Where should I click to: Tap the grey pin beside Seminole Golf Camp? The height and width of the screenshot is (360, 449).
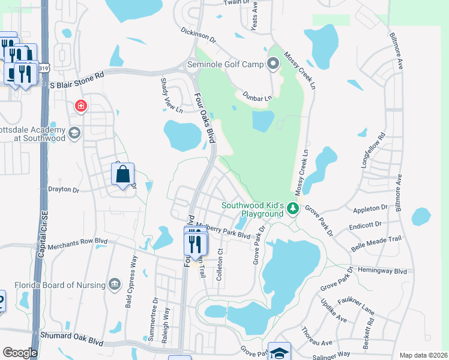[x=274, y=63]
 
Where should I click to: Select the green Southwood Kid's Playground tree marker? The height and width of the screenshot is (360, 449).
[x=293, y=209]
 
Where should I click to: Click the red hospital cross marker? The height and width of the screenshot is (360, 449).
[x=80, y=107]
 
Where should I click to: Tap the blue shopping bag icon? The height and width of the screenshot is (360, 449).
[x=122, y=175]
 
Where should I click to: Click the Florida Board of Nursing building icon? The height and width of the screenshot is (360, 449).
[x=114, y=284]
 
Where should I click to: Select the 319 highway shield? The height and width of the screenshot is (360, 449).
[x=44, y=69]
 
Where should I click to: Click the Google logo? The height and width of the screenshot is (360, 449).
[x=20, y=352]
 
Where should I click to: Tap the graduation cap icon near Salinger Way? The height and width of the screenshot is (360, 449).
[x=279, y=352]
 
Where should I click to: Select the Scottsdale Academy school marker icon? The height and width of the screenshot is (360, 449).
[x=74, y=133]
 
